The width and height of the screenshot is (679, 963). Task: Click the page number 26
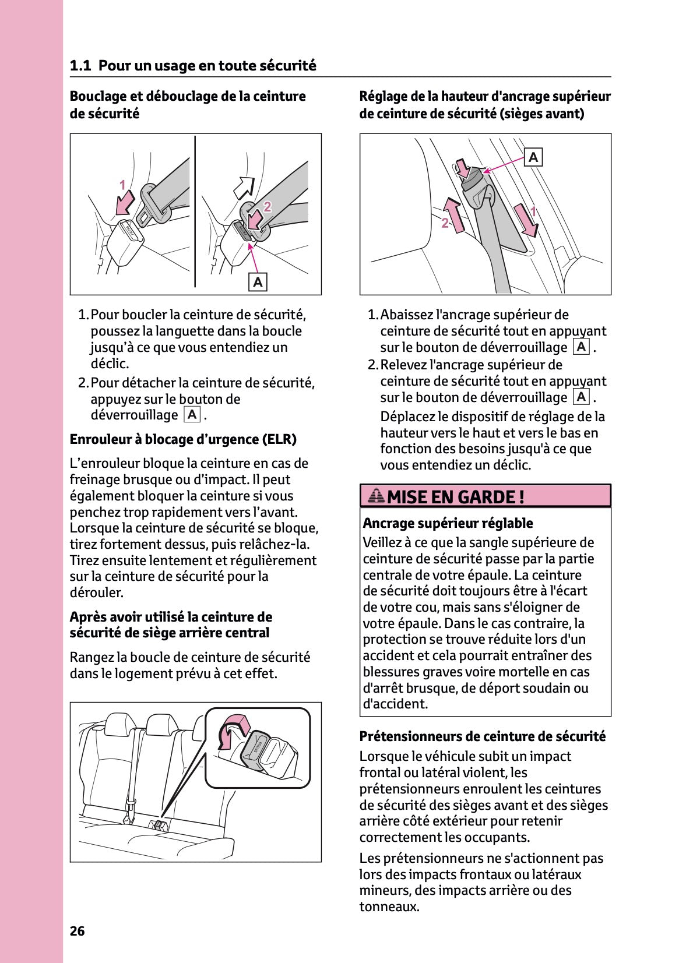[x=77, y=931]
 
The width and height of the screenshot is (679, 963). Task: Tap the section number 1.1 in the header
[x=80, y=66]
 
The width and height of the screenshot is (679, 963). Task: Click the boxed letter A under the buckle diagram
[x=258, y=282]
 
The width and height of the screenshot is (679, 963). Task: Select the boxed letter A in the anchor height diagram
[x=533, y=157]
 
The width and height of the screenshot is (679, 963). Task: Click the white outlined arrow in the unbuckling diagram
[x=244, y=186]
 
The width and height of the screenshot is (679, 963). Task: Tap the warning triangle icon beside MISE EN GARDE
[x=377, y=496]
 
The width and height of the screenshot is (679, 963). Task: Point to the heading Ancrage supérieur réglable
[x=448, y=523]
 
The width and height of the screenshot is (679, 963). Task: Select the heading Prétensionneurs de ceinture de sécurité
[x=482, y=736]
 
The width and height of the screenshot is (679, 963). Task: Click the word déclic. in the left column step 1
[x=110, y=364]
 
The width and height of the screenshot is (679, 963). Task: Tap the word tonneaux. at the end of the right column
[x=389, y=906]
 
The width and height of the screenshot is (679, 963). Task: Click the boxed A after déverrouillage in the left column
[x=192, y=415]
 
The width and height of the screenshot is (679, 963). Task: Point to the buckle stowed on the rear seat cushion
[x=158, y=825]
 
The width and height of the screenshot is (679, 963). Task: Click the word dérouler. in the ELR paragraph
[x=97, y=592]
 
